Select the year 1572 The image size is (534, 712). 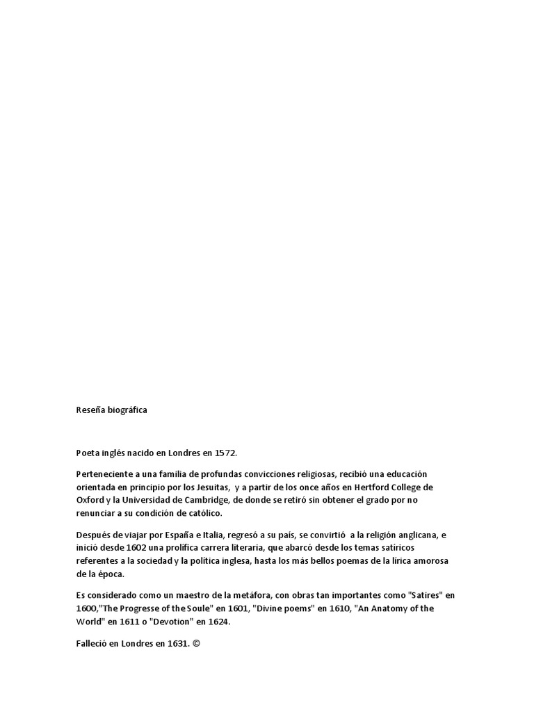point(224,453)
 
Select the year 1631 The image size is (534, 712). point(177,643)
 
